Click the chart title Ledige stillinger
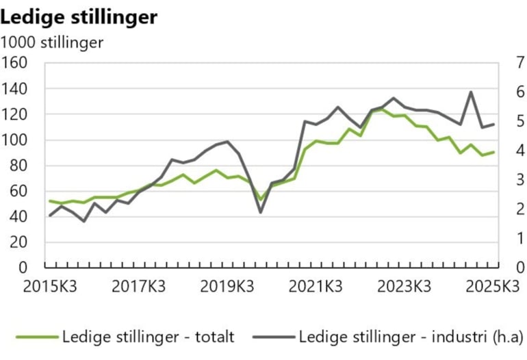(79, 17)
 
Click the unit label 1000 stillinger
(52, 43)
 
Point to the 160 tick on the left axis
(14, 64)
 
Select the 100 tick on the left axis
(14, 140)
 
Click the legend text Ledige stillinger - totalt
(148, 337)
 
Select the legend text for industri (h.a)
(410, 337)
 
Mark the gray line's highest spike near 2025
(471, 92)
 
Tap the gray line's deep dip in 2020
(261, 212)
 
